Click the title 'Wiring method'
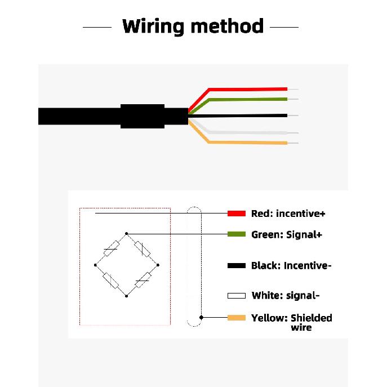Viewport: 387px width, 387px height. tap(193, 26)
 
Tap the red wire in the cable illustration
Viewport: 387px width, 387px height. tap(247, 90)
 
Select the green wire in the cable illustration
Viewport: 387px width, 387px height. tap(247, 100)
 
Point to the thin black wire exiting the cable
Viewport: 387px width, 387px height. tap(238, 115)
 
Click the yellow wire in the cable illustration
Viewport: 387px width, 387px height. tap(247, 143)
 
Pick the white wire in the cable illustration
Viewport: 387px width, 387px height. tap(247, 132)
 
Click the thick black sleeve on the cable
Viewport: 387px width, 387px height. tap(143, 116)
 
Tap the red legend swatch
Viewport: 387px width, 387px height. tap(237, 213)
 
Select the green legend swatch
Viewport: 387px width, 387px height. tap(237, 234)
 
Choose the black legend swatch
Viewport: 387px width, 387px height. tap(237, 265)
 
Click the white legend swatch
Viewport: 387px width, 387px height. tap(237, 296)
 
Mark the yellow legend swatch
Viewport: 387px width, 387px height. tap(237, 318)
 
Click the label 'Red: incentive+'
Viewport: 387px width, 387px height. tap(288, 213)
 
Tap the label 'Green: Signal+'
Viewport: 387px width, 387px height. tap(287, 234)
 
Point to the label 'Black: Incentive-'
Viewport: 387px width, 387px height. tap(291, 265)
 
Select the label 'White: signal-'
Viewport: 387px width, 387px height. tap(286, 295)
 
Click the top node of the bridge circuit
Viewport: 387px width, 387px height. tap(126, 233)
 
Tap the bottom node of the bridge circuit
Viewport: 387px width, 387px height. tap(126, 296)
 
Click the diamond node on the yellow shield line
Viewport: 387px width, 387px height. tap(202, 317)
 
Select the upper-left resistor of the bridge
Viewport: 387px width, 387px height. tap(112, 249)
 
